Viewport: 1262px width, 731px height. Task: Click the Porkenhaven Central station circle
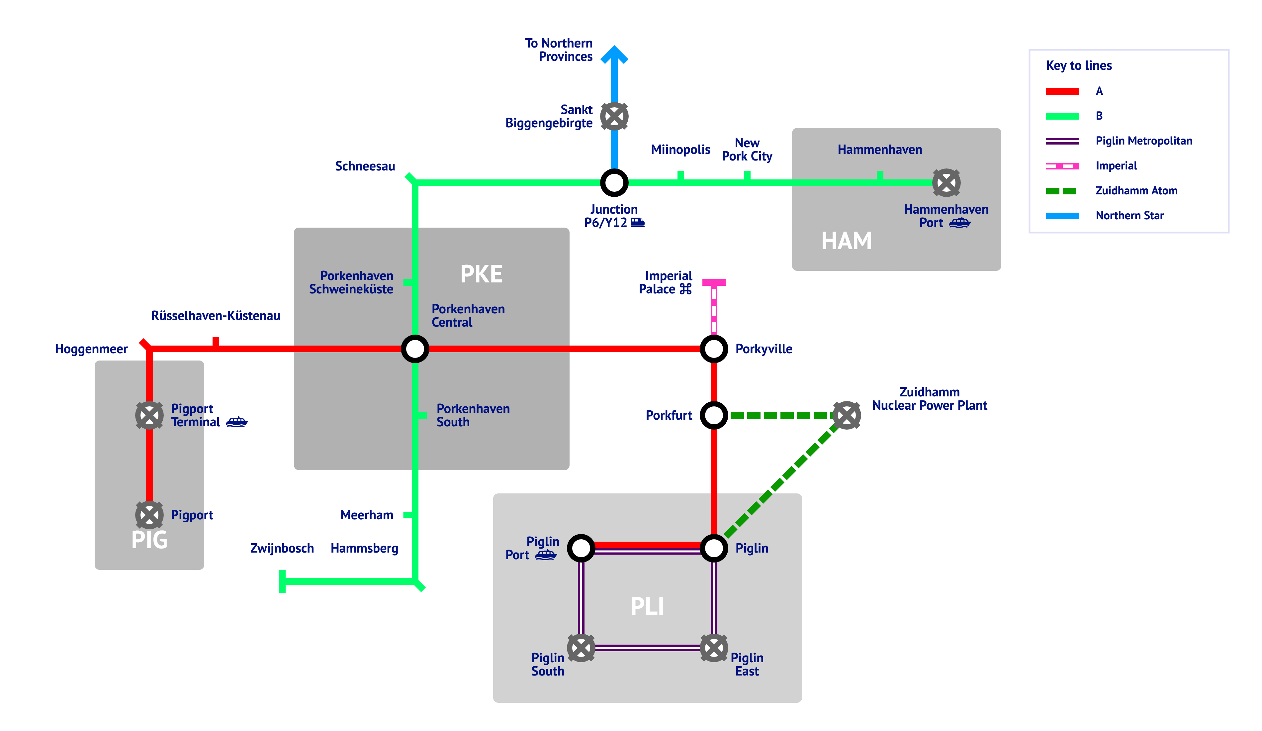click(x=415, y=349)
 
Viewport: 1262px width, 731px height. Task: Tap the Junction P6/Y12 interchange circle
click(x=614, y=183)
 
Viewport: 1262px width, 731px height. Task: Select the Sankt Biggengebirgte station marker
click(x=614, y=116)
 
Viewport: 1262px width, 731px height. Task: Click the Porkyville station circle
click(x=714, y=349)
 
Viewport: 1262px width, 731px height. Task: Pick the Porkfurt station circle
click(x=714, y=415)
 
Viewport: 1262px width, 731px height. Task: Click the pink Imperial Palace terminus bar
click(x=714, y=282)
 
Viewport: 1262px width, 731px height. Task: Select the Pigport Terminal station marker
click(x=149, y=415)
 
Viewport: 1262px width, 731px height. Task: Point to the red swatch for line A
click(x=1062, y=91)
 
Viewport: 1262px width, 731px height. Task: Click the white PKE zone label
click(x=481, y=274)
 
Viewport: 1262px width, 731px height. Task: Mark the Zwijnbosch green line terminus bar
click(x=282, y=581)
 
